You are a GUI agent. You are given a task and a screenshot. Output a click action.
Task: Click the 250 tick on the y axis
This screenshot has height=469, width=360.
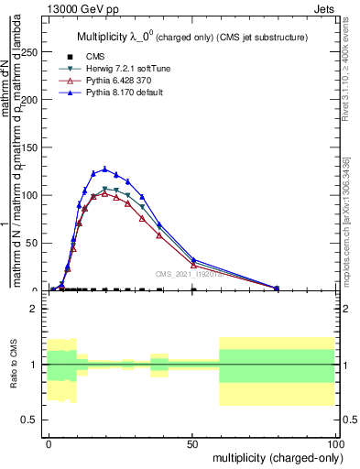pyautogui.click(x=35, y=52)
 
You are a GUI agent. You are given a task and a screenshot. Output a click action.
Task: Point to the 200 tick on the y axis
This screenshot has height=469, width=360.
pyautogui.click(x=35, y=100)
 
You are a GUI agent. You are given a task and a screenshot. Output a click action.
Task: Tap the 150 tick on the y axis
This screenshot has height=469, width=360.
pyautogui.click(x=35, y=147)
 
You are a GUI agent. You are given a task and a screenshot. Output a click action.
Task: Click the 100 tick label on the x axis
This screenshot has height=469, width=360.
pyautogui.click(x=335, y=442)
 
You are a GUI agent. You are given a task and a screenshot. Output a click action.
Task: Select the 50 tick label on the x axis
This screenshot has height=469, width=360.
pyautogui.click(x=192, y=442)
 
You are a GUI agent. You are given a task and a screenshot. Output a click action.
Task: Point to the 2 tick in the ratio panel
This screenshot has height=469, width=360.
pyautogui.click(x=35, y=309)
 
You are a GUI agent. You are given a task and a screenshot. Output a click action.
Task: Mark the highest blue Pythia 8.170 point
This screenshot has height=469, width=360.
pyautogui.click(x=105, y=169)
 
